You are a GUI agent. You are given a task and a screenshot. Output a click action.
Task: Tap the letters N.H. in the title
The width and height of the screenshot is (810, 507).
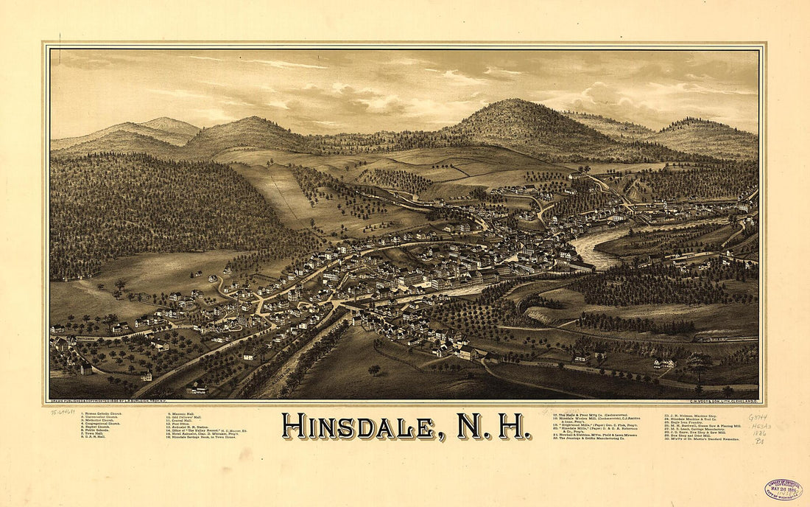[x=493, y=427]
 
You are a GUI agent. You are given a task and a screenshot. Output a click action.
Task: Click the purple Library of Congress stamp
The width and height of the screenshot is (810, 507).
[x=783, y=489]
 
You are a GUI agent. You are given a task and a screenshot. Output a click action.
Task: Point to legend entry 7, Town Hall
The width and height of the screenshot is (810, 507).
[x=93, y=433]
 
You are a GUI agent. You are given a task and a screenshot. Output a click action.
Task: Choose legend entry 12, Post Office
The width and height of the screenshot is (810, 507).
[x=180, y=425]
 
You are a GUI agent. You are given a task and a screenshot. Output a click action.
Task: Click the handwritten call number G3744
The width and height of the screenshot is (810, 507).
[x=759, y=417]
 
